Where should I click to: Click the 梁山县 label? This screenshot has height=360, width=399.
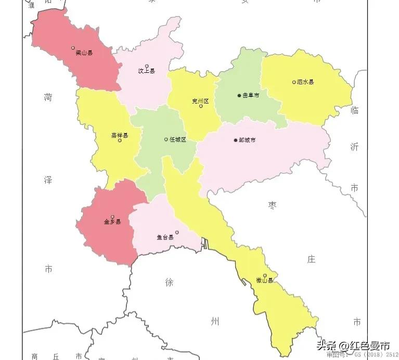point(84,53)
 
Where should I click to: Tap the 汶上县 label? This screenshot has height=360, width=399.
point(146,71)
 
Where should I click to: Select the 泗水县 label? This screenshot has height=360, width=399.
point(305,82)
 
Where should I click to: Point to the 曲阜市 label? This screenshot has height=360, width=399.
point(251,96)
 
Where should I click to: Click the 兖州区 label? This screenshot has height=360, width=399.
point(200,101)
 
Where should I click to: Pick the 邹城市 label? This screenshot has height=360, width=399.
point(247,140)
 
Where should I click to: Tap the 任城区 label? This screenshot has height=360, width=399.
point(177,139)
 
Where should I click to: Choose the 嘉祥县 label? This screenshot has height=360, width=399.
point(119,135)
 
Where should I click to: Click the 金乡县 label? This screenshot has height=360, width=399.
point(112,222)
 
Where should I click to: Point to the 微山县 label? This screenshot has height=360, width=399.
point(265,280)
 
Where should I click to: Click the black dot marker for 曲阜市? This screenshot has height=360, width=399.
point(239,96)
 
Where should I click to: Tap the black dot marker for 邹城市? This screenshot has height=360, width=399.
point(236,140)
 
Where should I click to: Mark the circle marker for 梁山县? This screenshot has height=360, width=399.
point(73,48)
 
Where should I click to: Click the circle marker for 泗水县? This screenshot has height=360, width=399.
point(294,82)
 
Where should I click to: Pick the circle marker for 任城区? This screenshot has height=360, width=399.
point(166,139)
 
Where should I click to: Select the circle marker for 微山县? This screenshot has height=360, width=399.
point(265,275)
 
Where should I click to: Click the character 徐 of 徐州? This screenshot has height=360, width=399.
point(170,282)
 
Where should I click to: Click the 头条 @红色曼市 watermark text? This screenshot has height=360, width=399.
point(353,345)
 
